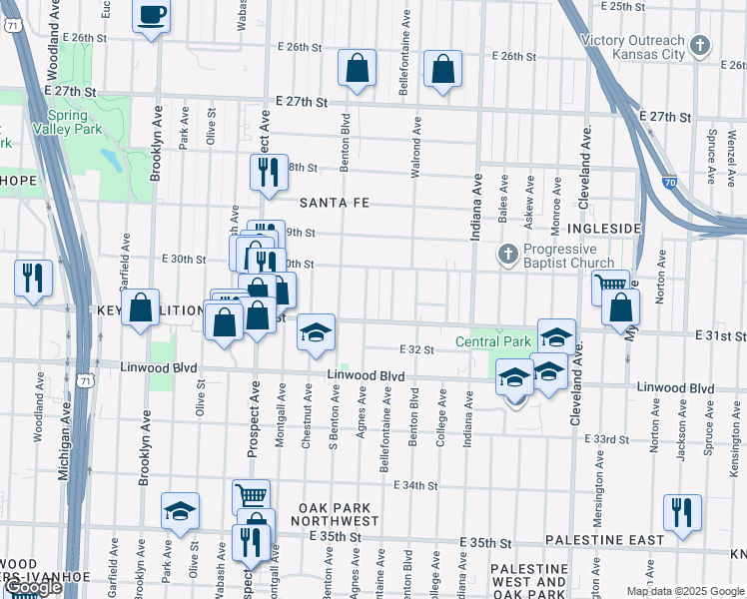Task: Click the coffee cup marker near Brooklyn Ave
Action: point(151,16)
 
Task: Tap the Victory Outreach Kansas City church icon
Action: point(700,45)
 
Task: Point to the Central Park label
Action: point(493,341)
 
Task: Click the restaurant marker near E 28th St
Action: point(268,172)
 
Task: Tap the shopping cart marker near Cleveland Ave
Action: point(609,286)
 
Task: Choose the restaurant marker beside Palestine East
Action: point(682,511)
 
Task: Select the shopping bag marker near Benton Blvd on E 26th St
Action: point(357,68)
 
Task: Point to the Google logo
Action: point(34,587)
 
